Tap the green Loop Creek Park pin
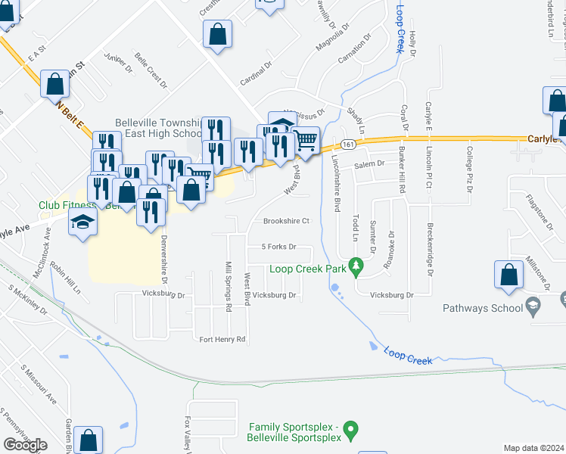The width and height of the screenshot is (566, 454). coord(359,267)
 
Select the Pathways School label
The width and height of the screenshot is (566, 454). coord(484,307)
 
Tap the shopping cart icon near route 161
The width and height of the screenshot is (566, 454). coord(305,140)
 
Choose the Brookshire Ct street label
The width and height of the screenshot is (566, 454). coord(287,222)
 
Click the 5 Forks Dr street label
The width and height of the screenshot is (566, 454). coord(277,247)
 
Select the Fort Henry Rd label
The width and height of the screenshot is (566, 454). coord(222,339)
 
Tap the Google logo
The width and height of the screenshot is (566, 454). coord(25,446)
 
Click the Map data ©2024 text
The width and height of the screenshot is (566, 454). coord(533,448)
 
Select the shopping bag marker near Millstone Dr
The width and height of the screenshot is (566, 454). coord(508,276)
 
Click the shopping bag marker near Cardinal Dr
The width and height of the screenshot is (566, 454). coord(217,35)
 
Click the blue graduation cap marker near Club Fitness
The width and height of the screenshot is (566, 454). coord(82,222)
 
